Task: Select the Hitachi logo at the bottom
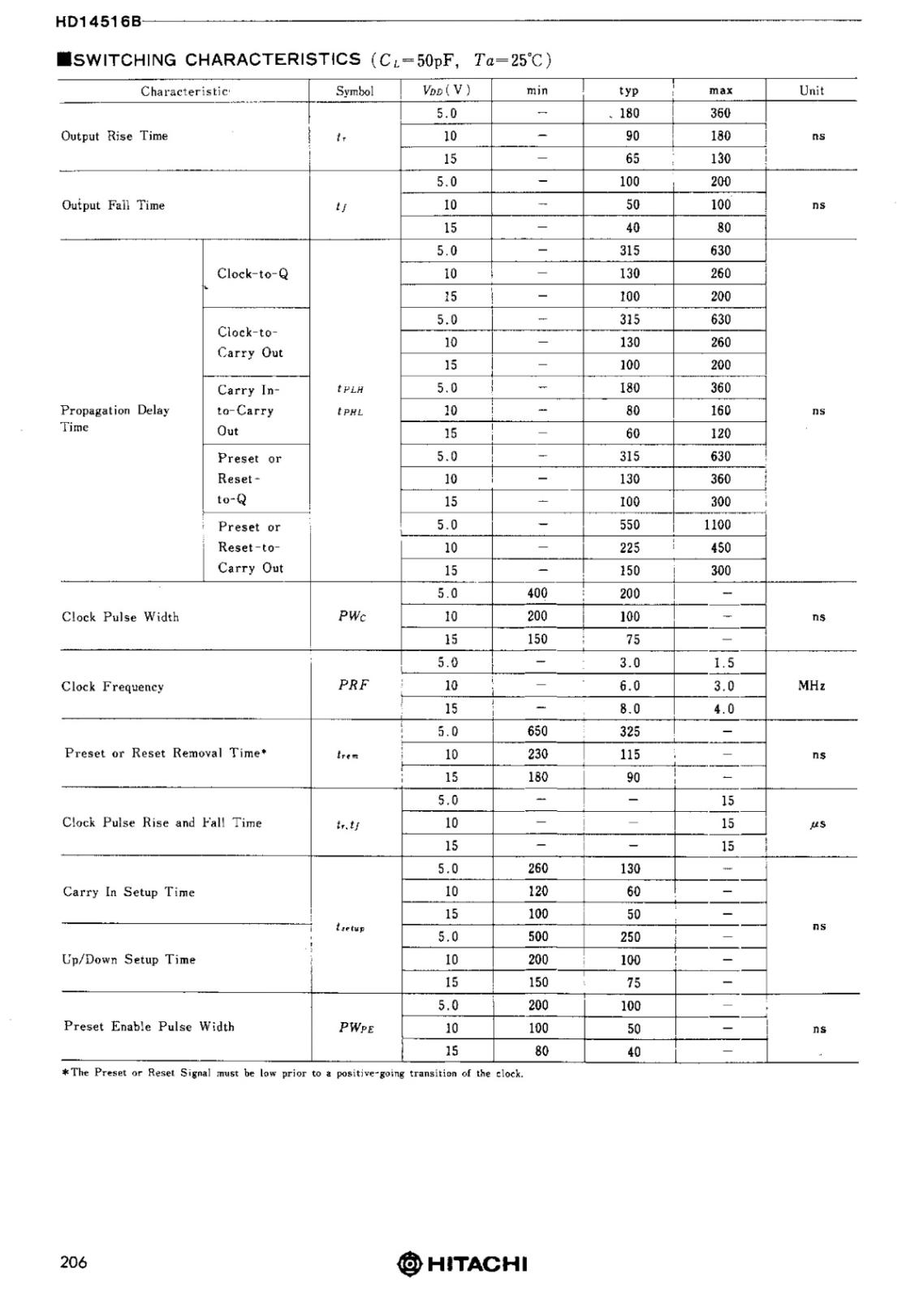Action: [x=462, y=1264]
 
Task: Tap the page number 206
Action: [x=73, y=1262]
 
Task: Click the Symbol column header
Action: [x=355, y=91]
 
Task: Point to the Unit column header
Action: [x=811, y=90]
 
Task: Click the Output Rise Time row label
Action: [x=114, y=136]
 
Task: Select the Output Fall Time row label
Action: [x=113, y=205]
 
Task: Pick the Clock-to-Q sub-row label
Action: [x=252, y=274]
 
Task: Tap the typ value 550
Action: [x=630, y=524]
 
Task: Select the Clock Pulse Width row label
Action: [x=120, y=617]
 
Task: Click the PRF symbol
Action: [x=353, y=684]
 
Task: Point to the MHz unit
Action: [x=812, y=686]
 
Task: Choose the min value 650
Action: [x=537, y=731]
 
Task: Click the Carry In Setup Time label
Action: [x=129, y=892]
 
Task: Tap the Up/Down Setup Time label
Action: [x=129, y=960]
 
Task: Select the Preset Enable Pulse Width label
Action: [x=149, y=1027]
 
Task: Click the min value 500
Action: [x=538, y=936]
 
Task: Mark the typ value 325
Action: [x=630, y=731]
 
